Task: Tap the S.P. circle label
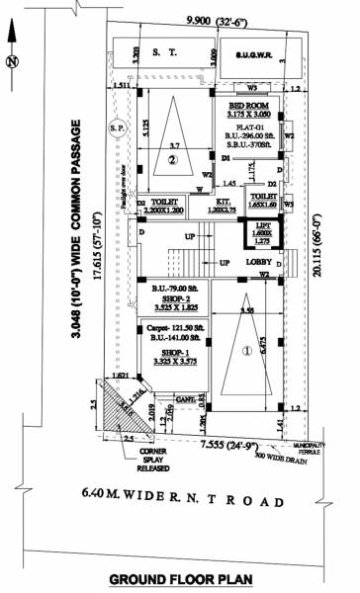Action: (117, 127)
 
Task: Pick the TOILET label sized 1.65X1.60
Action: (263, 202)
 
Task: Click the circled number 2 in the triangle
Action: (172, 158)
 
